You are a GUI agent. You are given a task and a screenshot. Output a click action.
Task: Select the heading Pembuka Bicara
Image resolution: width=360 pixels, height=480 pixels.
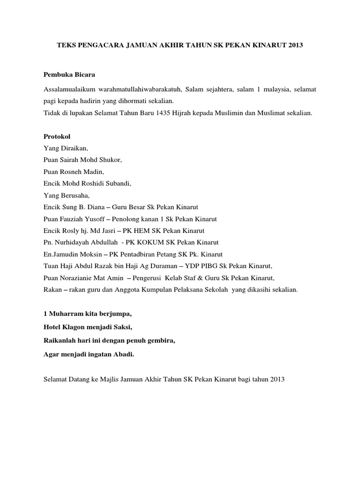coord(70,75)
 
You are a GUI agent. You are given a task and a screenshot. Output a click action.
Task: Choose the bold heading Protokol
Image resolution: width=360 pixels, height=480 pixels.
coord(57,136)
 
